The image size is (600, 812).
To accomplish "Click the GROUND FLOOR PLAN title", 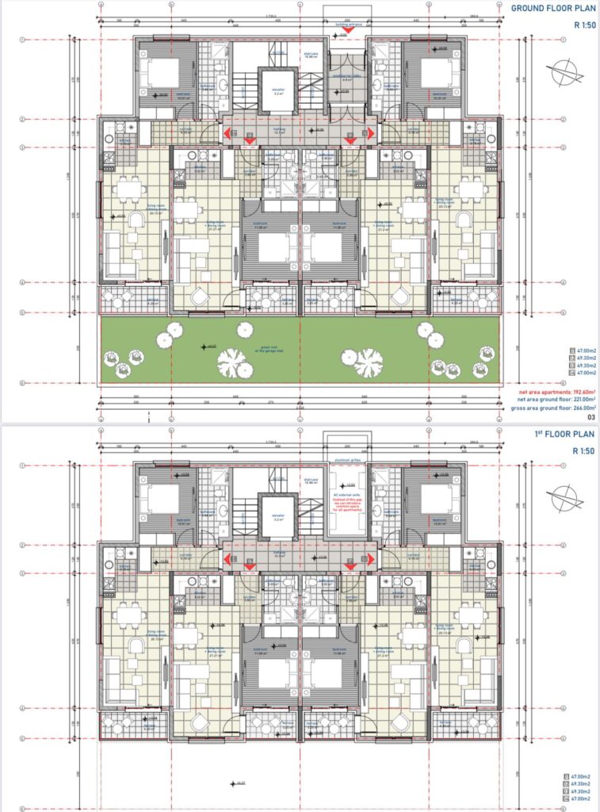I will [x=552, y=9].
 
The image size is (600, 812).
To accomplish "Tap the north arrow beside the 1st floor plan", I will [x=569, y=494].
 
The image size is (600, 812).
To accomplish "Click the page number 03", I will [x=590, y=416].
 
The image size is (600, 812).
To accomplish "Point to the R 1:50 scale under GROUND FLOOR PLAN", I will [x=585, y=25].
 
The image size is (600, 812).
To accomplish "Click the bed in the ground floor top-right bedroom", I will [x=437, y=73].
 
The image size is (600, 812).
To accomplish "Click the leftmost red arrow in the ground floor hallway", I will [x=227, y=136].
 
